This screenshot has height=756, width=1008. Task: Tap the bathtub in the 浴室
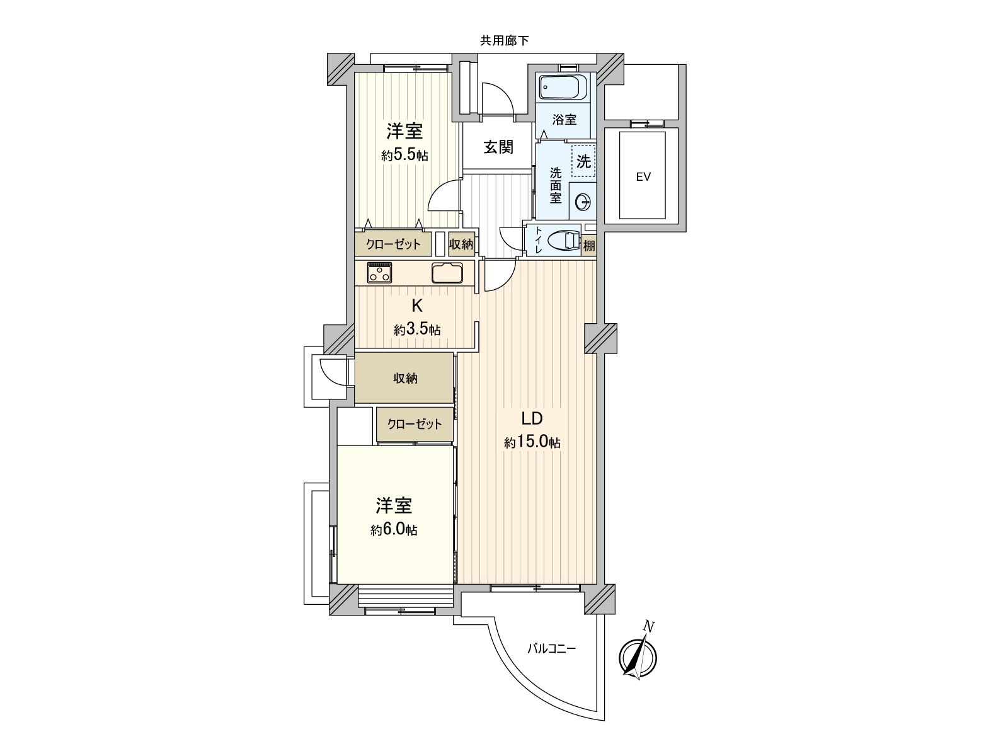coord(564,88)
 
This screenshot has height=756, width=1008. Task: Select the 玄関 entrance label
coord(499,147)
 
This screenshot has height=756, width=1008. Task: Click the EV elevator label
coord(643,177)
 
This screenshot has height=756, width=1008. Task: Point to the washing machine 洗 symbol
coord(583,162)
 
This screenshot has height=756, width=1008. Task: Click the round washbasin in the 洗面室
coord(583,202)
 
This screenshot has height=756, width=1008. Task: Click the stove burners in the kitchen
coord(380,273)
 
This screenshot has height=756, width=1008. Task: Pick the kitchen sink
coord(447,273)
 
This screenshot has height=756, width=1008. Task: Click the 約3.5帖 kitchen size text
coord(417,329)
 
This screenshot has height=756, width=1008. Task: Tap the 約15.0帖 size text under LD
coord(532,443)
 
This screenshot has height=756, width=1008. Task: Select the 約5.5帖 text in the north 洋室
coord(404,156)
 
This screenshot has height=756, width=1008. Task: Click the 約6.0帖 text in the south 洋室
coord(394,530)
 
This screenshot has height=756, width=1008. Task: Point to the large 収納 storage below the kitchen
coord(405,379)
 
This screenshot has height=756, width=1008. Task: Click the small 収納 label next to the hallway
coord(461,244)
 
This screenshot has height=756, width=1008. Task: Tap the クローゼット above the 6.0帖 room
coord(414,425)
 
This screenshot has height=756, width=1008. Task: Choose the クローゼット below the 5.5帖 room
coord(394,244)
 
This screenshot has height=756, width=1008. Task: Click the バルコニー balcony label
coord(552,648)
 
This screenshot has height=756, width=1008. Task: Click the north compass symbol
coord(638,659)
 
